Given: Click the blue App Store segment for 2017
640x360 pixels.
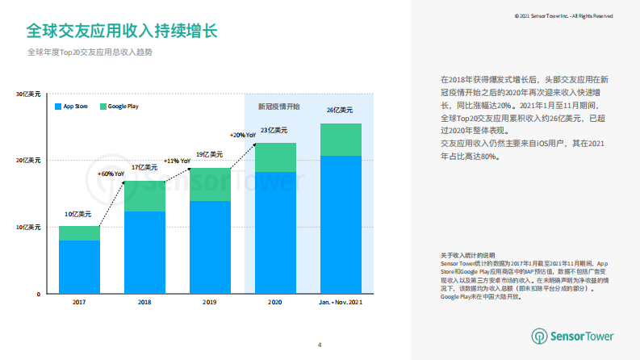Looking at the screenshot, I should pyautogui.click(x=79, y=267).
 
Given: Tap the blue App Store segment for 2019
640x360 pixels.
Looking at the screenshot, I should pyautogui.click(x=210, y=247).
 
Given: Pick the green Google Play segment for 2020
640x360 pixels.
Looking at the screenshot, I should pyautogui.click(x=275, y=157).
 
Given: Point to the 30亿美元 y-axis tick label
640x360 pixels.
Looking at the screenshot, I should pyautogui.click(x=27, y=94).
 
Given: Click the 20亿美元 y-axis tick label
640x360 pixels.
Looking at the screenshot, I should pyautogui.click(x=27, y=161).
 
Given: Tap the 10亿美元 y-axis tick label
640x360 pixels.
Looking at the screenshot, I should pyautogui.click(x=27, y=228).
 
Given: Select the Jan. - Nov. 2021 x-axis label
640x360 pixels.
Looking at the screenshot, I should pyautogui.click(x=341, y=302).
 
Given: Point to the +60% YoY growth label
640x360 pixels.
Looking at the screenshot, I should pyautogui.click(x=111, y=174).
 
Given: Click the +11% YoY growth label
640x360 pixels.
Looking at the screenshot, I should pyautogui.click(x=177, y=161).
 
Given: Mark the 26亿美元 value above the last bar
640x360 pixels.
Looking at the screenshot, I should pyautogui.click(x=338, y=110).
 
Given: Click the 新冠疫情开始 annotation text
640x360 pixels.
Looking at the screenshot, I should pyautogui.click(x=278, y=107).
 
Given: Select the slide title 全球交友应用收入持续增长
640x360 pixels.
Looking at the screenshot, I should pyautogui.click(x=121, y=31).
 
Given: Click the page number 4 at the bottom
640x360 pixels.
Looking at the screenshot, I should pyautogui.click(x=320, y=345).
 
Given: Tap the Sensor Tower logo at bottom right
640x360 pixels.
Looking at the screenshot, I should pyautogui.click(x=572, y=336).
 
